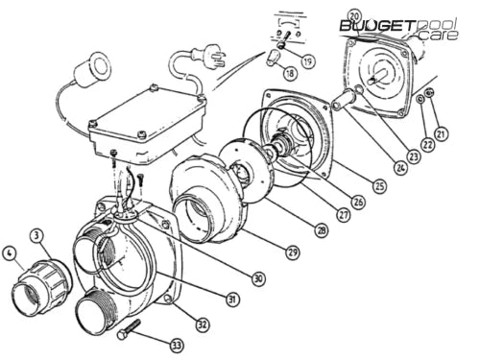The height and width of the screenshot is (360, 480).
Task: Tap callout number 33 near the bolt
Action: [x=176, y=345]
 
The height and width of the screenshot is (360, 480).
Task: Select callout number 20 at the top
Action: [x=354, y=17]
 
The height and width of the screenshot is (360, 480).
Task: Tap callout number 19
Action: [x=306, y=60]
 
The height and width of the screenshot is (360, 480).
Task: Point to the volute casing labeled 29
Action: [x=206, y=203]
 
